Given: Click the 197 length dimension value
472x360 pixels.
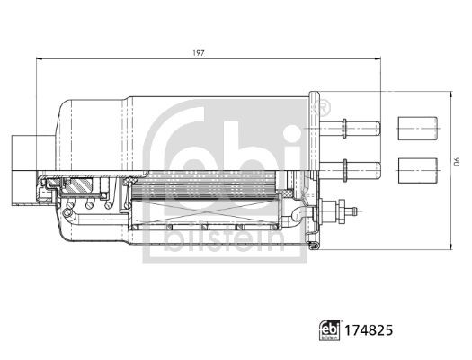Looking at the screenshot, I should click(200, 53).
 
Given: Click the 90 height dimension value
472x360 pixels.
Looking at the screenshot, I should click(455, 162).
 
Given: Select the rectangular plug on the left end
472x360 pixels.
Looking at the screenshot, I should click(22, 157).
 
